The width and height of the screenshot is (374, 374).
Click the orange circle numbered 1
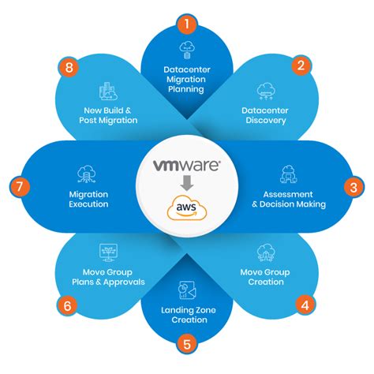tap(186, 23)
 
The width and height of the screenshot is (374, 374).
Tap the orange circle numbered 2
tap(301, 66)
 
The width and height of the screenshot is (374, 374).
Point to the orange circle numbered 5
tap(186, 344)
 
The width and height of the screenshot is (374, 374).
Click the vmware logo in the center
tap(186, 166)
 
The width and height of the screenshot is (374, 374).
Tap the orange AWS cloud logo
tap(186, 209)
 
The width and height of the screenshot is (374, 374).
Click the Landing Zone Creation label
tap(186, 313)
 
